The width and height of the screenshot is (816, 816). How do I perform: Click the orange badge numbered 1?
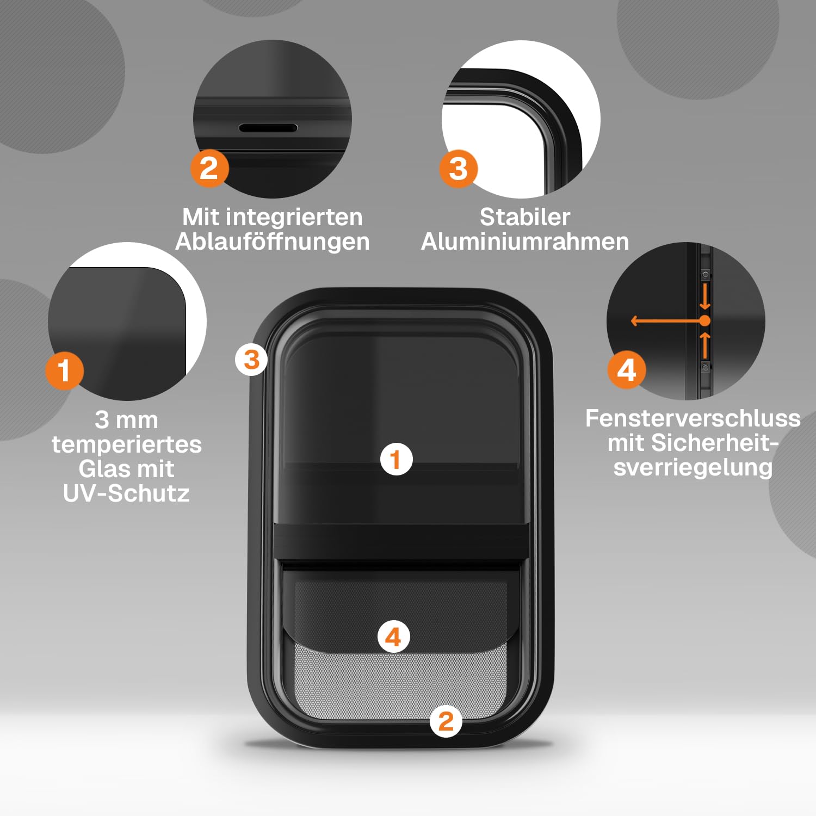(x=64, y=370)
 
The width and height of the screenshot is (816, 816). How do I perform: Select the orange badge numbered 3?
(x=459, y=169)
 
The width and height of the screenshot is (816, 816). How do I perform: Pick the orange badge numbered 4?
(x=627, y=370)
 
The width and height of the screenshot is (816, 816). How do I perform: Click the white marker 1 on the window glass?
(x=397, y=459)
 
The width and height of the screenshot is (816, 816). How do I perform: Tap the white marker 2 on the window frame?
(x=446, y=721)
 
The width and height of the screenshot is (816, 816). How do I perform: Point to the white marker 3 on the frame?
(x=251, y=360)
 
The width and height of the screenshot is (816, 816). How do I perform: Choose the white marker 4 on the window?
(x=393, y=636)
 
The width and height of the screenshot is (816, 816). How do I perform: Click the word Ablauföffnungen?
(x=273, y=242)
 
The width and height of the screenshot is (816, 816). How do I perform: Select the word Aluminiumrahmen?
(x=525, y=242)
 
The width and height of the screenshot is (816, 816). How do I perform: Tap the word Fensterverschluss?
(x=693, y=418)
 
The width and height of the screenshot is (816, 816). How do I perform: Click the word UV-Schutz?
(x=126, y=493)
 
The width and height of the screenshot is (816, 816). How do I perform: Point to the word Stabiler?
(x=525, y=217)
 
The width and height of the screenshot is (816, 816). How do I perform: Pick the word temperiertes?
(x=127, y=444)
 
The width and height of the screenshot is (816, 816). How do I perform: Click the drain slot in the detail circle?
(x=268, y=128)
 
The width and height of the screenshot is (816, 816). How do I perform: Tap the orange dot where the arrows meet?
(x=705, y=321)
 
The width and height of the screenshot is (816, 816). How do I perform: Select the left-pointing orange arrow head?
(x=634, y=321)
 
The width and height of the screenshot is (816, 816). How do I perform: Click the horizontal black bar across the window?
(x=401, y=542)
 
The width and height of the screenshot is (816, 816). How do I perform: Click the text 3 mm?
(x=126, y=420)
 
